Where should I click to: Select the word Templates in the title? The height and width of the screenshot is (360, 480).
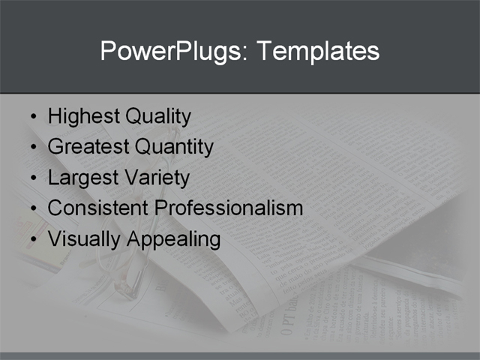(318, 51)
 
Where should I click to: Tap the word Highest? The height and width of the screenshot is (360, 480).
(83, 116)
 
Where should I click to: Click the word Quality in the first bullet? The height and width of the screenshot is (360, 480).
(158, 116)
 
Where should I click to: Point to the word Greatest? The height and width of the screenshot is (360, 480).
(88, 147)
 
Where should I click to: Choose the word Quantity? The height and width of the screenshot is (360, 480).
(173, 147)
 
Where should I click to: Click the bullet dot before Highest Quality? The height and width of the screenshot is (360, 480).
(32, 118)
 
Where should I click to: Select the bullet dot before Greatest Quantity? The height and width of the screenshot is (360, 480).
(32, 148)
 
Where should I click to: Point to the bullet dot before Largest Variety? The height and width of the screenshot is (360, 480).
(32, 178)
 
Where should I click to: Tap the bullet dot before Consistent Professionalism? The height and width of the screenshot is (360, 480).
(32, 208)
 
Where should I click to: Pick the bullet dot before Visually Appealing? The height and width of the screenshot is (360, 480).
(32, 240)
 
